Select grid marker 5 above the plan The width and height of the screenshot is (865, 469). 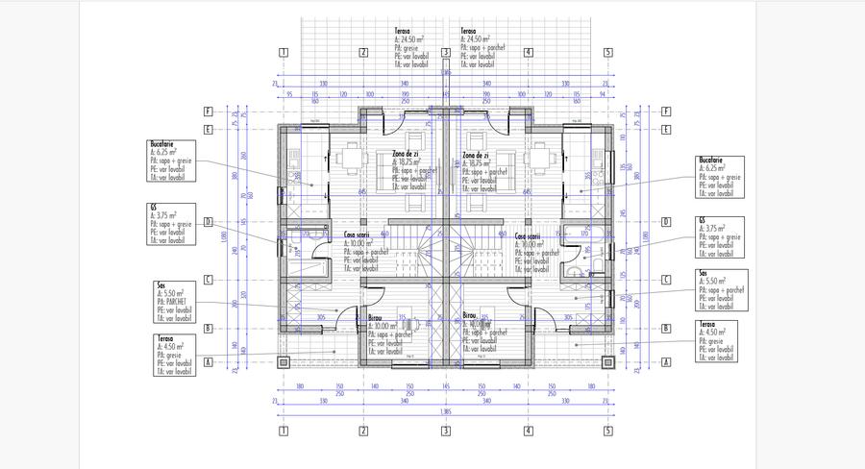[x=608, y=53]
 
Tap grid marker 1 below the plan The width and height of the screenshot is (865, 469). [x=284, y=431]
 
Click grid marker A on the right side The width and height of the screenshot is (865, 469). [x=665, y=362]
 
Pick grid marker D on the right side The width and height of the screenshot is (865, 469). [x=665, y=222]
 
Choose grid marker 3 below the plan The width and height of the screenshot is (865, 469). [x=446, y=431]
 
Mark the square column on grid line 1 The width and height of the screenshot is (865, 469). [x=284, y=362]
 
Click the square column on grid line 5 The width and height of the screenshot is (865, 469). [x=608, y=362]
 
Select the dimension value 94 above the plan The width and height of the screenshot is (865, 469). [x=602, y=94]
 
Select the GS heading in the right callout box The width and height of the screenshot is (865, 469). [x=703, y=220]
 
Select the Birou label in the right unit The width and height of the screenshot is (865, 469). [x=470, y=315]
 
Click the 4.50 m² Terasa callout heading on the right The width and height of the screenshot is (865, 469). [x=709, y=326]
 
